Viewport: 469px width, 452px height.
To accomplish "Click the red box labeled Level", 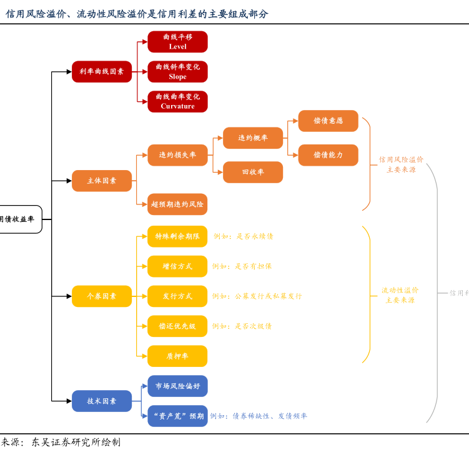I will [x=177, y=42].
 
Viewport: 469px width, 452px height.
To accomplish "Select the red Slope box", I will [x=177, y=72].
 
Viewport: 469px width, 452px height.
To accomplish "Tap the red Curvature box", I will [x=177, y=101].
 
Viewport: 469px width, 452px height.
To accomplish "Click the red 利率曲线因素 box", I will [x=102, y=72].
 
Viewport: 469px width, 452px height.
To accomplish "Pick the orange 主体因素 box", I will [x=102, y=181].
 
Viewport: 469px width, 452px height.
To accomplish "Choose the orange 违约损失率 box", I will [x=177, y=155].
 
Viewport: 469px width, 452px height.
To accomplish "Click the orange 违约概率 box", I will [x=253, y=138].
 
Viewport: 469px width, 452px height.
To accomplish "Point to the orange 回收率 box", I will [x=253, y=172].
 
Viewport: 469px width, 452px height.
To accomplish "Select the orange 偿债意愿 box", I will [x=328, y=121].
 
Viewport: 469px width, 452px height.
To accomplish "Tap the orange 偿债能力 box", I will [x=328, y=155].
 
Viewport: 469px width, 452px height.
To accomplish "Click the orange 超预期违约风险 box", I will [x=177, y=204].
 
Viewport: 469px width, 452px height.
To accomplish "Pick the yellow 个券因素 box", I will [x=102, y=296].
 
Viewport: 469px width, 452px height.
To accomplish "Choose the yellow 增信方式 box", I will [x=177, y=266].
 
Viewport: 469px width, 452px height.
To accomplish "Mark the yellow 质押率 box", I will [x=177, y=356].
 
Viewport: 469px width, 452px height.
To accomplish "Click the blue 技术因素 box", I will [x=102, y=401].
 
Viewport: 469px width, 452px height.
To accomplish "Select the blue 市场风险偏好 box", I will [x=177, y=386].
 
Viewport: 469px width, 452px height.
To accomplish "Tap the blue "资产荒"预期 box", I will [x=177, y=416].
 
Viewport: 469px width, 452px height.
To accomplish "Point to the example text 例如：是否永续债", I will [x=244, y=236].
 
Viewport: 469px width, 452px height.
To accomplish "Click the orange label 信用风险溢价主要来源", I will [x=401, y=164].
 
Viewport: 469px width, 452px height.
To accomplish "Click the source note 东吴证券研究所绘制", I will [x=76, y=443].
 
